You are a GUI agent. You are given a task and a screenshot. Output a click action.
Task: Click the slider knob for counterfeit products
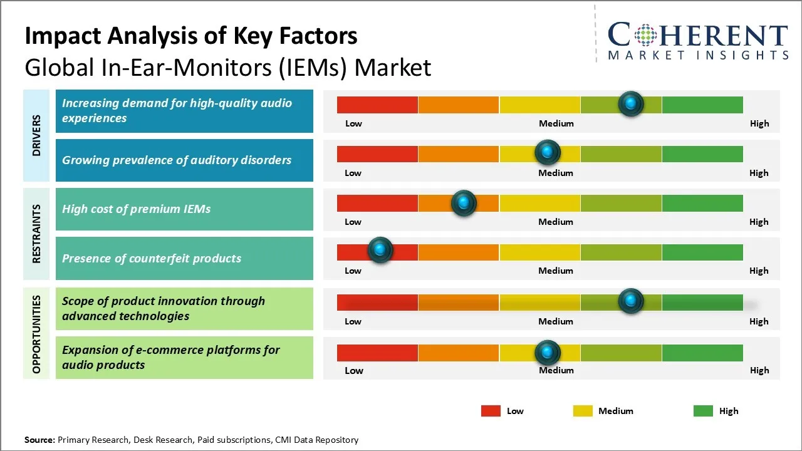[x=380, y=250]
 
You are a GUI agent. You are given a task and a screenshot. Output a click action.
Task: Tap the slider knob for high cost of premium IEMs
[x=464, y=202]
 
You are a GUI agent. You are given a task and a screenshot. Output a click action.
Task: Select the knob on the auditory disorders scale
[x=548, y=152]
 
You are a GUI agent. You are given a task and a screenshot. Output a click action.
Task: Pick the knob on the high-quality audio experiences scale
[x=631, y=103]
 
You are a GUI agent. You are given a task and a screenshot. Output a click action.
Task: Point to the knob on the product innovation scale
[x=631, y=301]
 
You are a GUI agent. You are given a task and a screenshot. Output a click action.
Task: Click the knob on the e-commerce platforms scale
[x=548, y=353]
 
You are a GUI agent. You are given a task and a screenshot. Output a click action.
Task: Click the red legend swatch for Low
[x=491, y=411]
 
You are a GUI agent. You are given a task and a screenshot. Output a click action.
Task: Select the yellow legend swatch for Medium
[x=583, y=411]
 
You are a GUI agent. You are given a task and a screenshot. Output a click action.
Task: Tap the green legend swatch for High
[x=703, y=411]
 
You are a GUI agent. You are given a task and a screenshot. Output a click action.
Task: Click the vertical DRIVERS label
[x=36, y=135]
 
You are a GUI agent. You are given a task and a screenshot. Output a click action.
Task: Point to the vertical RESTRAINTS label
[x=36, y=234]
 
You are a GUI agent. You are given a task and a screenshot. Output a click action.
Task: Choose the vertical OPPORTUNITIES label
[x=36, y=334]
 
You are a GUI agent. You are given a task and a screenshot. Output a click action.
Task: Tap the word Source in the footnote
[x=39, y=440]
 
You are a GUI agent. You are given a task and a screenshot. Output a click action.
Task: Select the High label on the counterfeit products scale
[x=759, y=271]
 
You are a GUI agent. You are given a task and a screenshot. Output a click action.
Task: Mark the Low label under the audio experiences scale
[x=353, y=123]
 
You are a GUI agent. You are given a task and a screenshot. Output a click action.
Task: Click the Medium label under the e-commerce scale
[x=556, y=370]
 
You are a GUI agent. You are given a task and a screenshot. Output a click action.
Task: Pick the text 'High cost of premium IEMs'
[x=136, y=209]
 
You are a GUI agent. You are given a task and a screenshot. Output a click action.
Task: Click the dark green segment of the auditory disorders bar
[x=702, y=153]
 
